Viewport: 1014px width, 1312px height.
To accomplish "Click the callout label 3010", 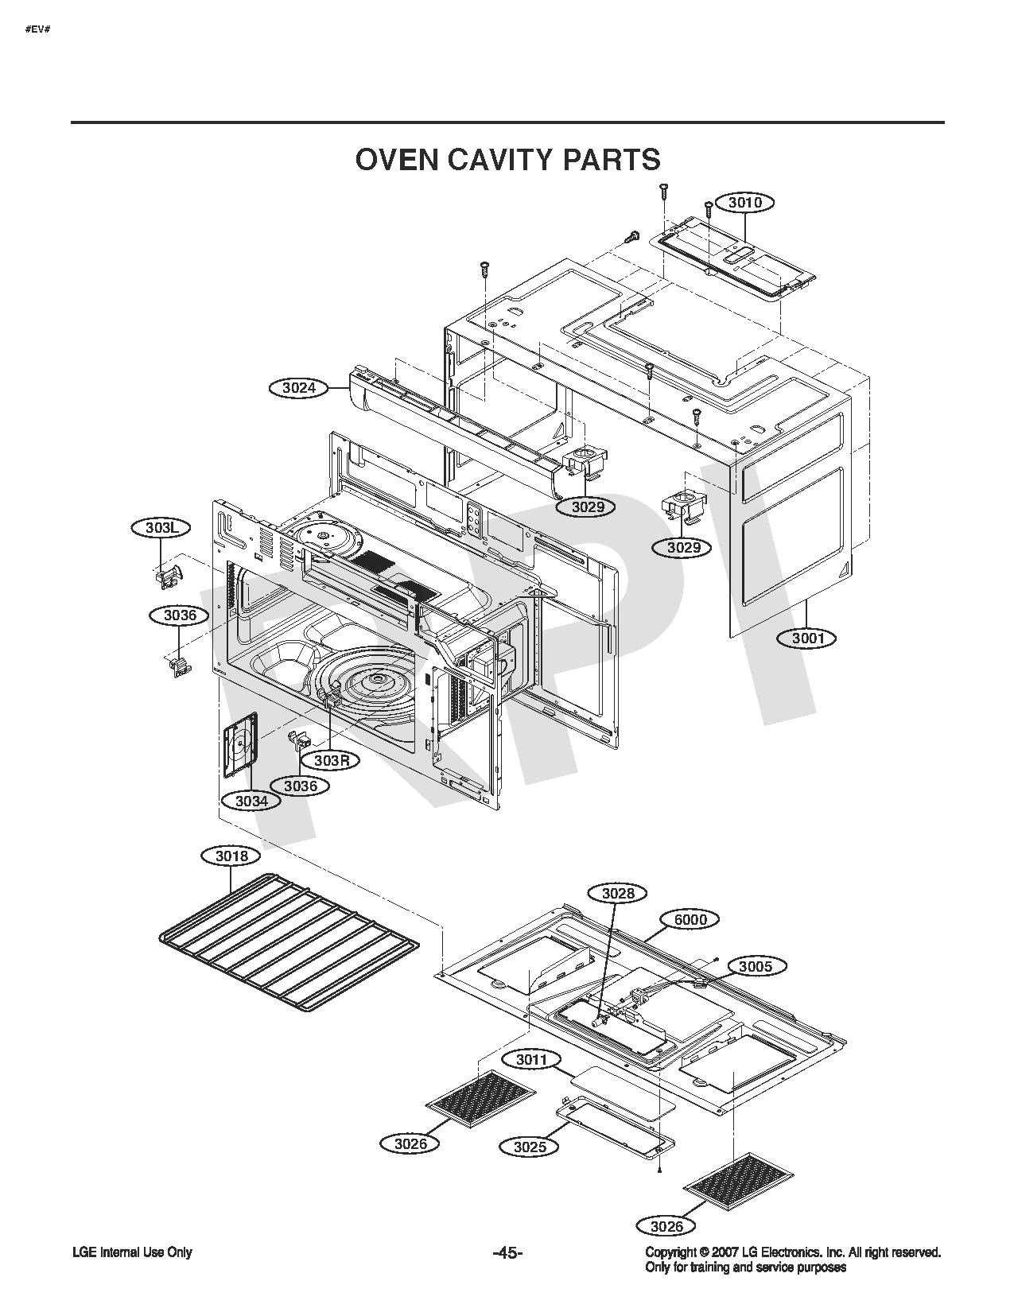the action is (x=744, y=203).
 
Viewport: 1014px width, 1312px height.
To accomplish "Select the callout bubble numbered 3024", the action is (x=299, y=387).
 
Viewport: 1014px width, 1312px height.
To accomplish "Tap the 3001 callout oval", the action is (x=808, y=639).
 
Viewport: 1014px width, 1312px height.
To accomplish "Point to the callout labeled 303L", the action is (x=161, y=528).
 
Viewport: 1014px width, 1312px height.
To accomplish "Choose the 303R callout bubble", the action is (x=332, y=760).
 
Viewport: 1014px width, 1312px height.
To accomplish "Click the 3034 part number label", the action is (x=251, y=802).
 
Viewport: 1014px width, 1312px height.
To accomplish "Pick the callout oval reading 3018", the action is (x=231, y=856).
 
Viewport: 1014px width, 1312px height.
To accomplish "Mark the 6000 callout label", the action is (x=690, y=919).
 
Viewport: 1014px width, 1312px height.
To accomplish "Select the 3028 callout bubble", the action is (x=618, y=893).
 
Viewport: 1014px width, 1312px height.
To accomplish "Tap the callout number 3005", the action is (x=755, y=967).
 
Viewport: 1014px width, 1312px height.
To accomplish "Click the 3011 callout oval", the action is (x=531, y=1060).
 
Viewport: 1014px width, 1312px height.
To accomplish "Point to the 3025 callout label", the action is (x=530, y=1147).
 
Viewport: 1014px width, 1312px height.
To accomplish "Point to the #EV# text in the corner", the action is (x=37, y=29).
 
